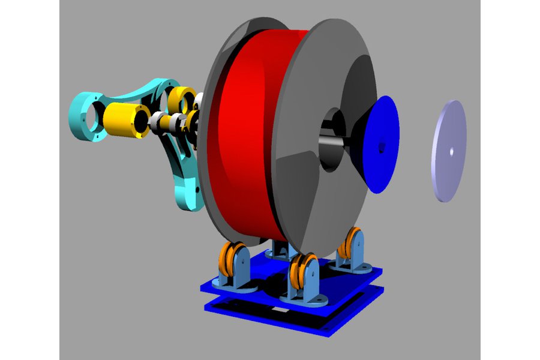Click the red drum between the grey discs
[246, 132]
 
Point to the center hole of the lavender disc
[451, 151]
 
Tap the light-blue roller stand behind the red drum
[277, 247]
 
